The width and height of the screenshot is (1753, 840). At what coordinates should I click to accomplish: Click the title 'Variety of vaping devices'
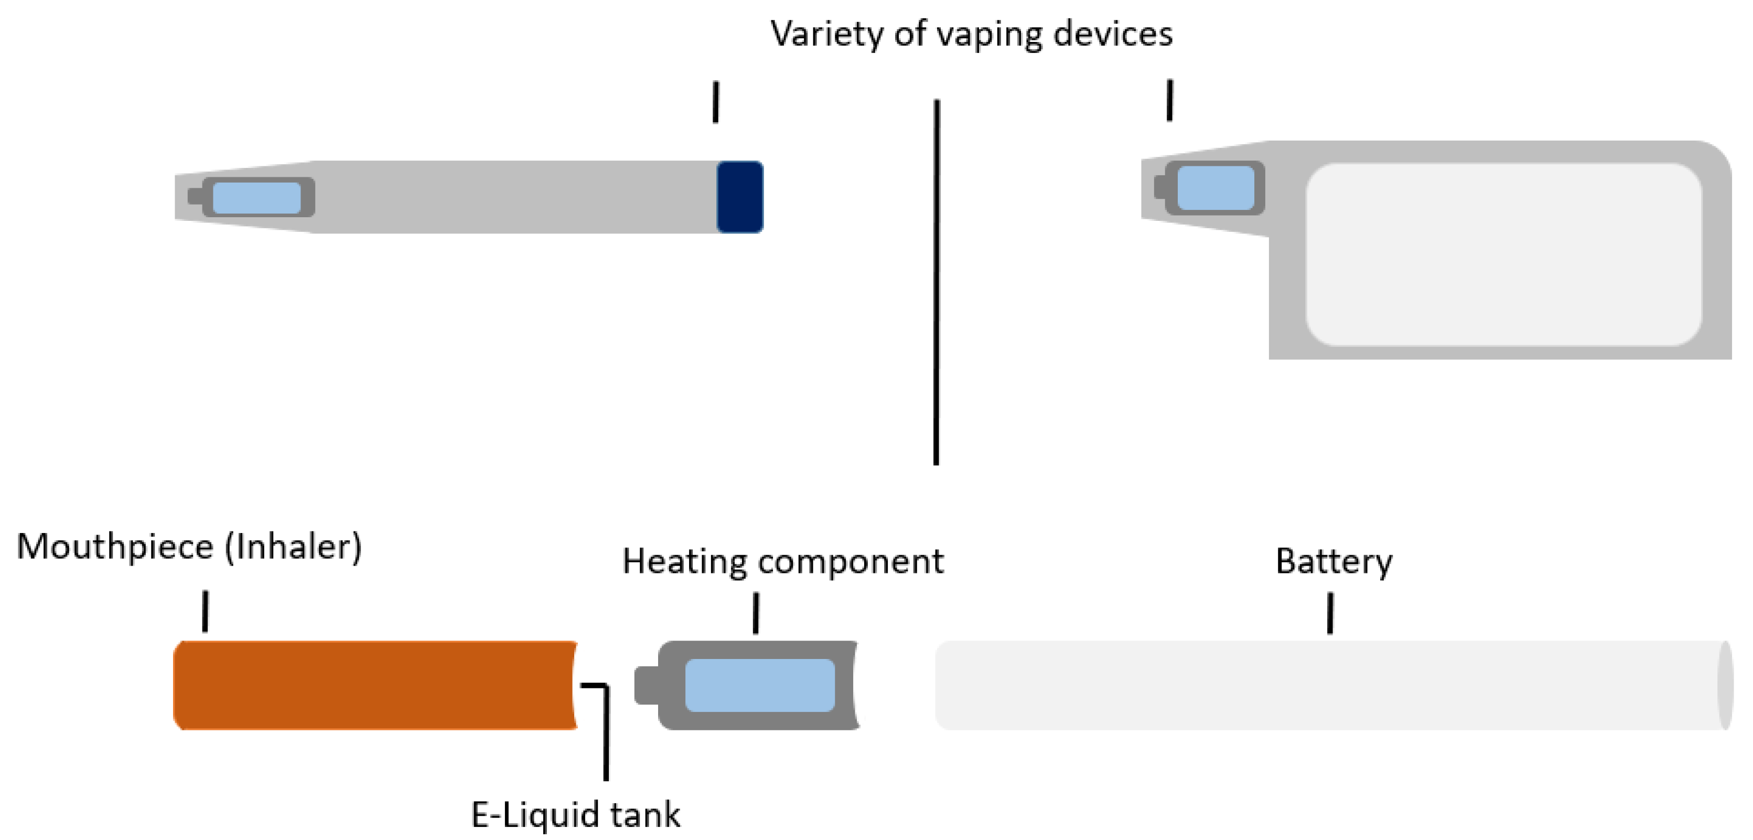point(971,34)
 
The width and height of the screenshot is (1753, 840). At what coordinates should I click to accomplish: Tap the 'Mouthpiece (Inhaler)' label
point(189,547)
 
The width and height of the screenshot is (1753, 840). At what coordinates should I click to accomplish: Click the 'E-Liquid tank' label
point(576,814)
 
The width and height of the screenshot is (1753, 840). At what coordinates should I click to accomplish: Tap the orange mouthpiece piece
point(375,685)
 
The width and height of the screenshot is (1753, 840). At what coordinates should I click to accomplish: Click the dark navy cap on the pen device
point(740,197)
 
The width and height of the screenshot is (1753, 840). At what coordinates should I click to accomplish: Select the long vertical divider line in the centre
point(937,282)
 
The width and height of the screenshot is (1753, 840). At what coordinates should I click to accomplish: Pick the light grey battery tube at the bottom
point(1334,685)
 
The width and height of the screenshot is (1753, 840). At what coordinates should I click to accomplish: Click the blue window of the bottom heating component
point(759,685)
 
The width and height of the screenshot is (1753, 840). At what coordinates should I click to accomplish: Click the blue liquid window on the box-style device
point(1216,188)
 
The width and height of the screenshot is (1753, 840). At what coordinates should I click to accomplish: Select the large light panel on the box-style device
point(1503,254)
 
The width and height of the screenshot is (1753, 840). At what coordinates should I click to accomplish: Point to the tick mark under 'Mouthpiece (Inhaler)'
point(205,611)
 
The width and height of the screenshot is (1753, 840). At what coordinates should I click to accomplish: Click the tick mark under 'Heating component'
point(756,613)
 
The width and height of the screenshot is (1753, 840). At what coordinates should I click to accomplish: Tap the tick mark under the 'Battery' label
point(1330,613)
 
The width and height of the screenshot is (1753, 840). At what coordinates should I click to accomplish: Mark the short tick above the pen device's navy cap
point(715,102)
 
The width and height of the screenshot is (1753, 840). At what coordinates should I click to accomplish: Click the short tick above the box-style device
point(1170,101)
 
